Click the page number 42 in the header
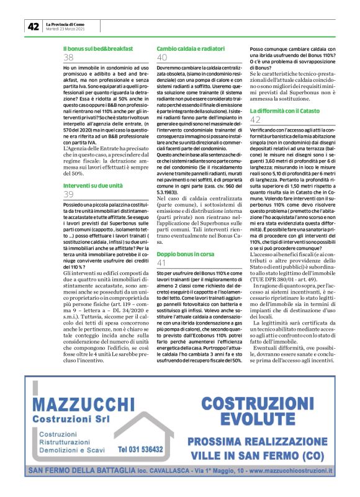point(33,26)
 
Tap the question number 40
point(162,58)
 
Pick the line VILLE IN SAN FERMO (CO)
point(257,455)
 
